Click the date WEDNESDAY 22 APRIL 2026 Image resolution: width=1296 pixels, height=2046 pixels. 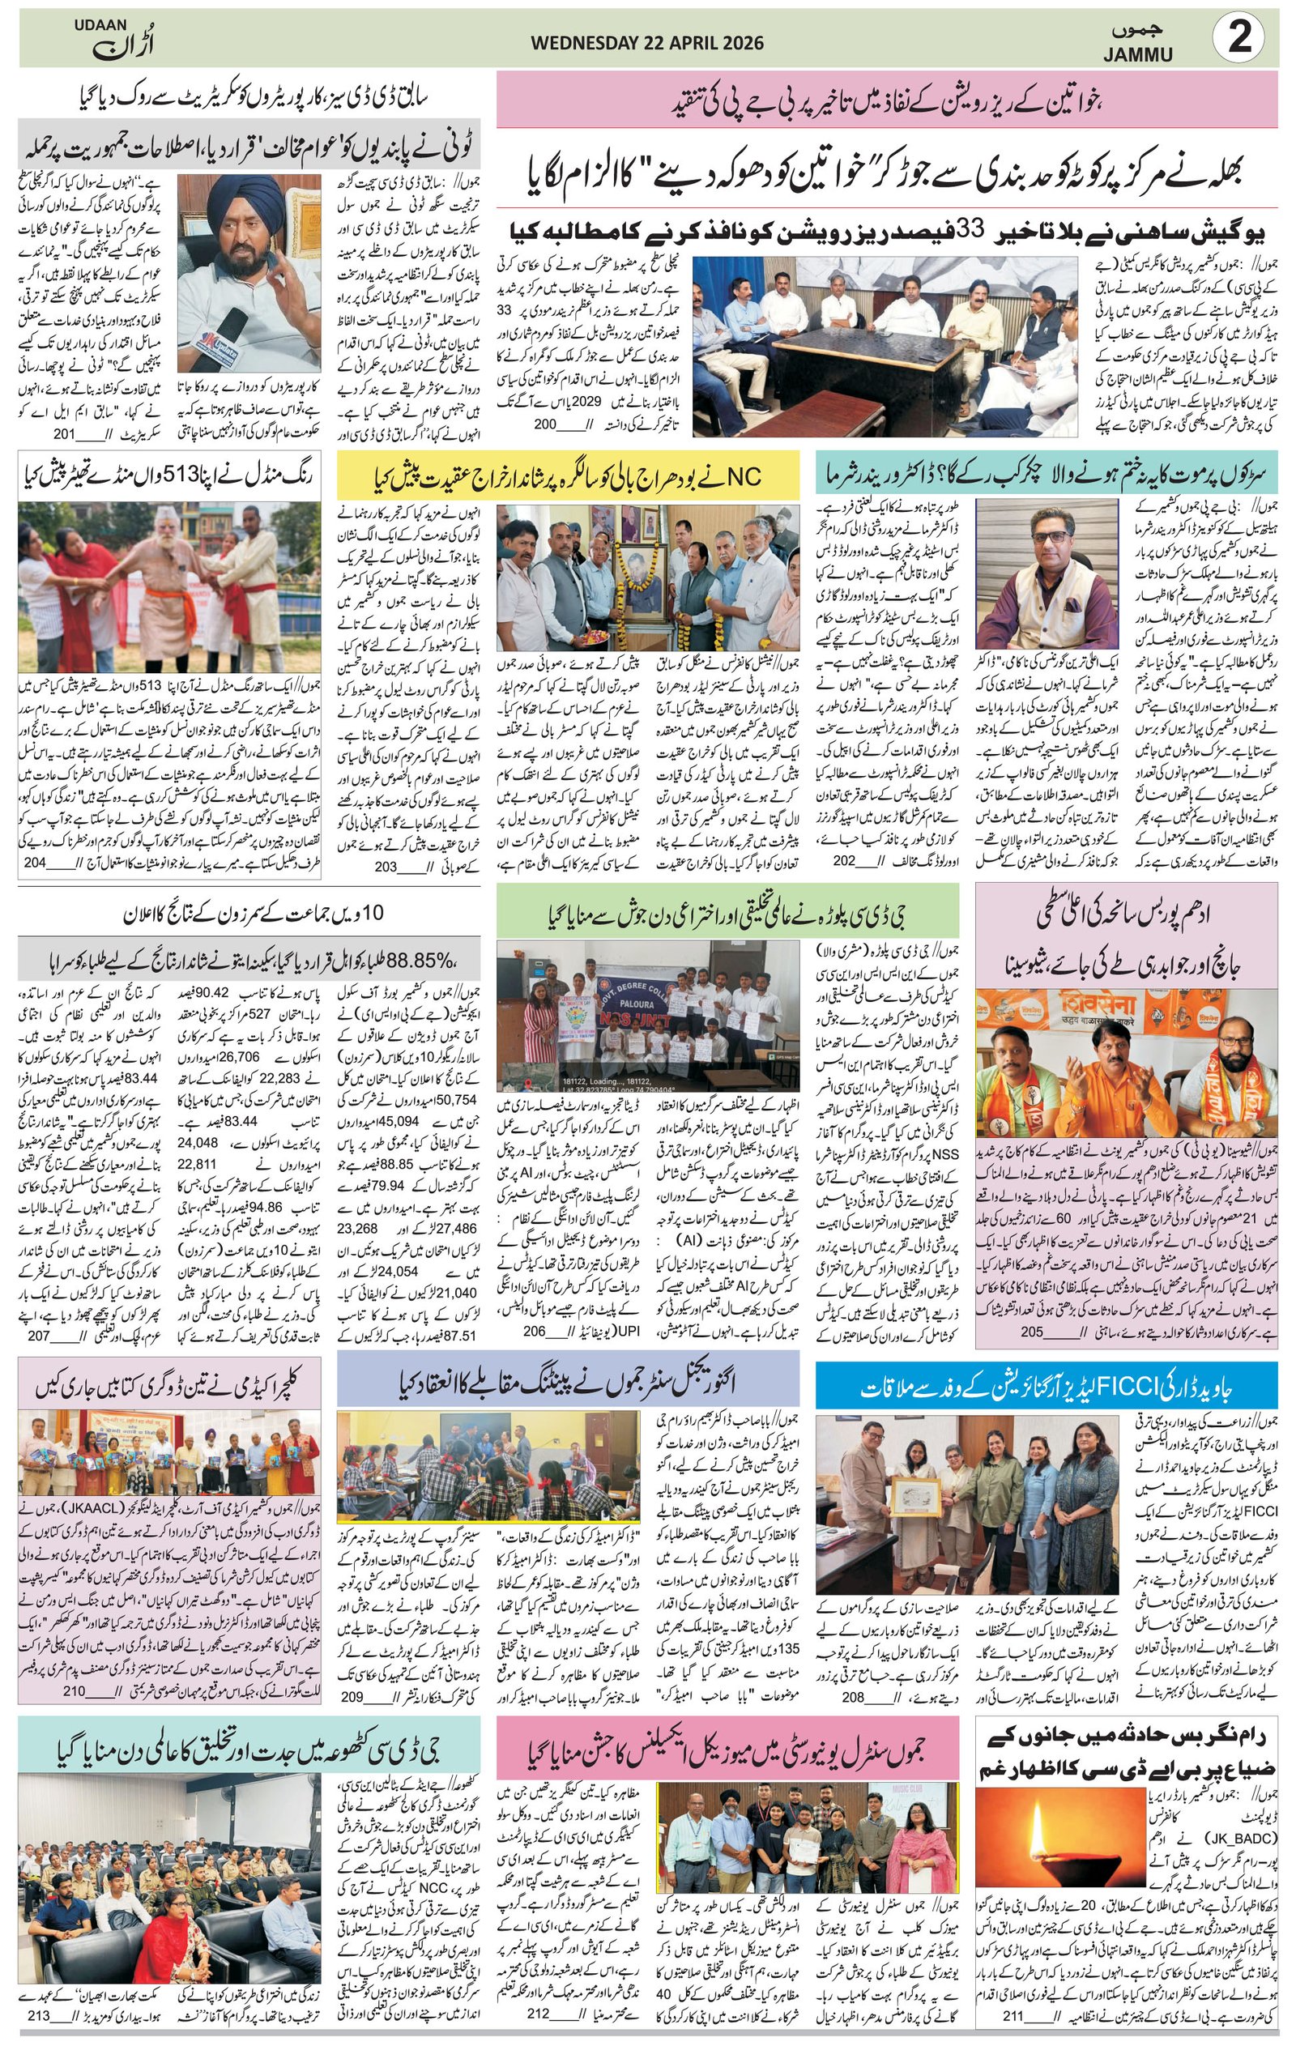pos(646,43)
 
